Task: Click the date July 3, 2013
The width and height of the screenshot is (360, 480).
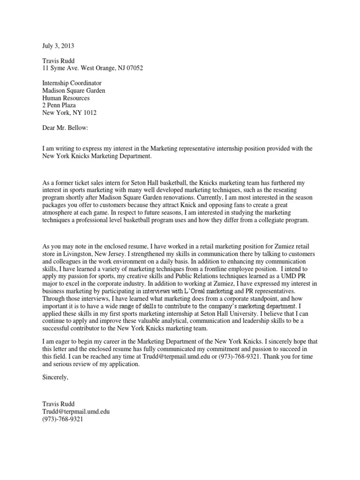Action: (x=58, y=46)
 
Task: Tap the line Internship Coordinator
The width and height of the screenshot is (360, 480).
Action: (x=72, y=83)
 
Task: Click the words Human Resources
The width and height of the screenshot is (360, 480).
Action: (x=66, y=98)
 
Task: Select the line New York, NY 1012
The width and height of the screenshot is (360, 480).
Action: (x=70, y=113)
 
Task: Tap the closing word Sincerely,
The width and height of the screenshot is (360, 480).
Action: (x=55, y=377)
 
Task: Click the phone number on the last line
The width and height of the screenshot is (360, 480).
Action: (x=62, y=419)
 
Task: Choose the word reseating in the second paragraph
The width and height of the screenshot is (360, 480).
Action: (x=302, y=190)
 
